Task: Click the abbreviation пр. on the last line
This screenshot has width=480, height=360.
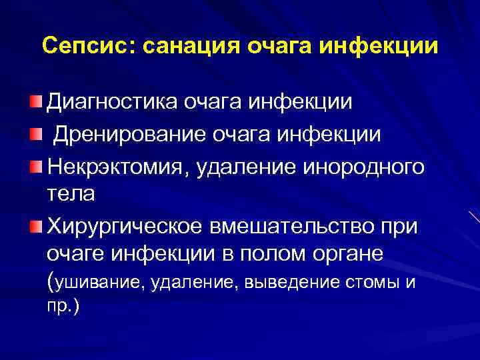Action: click(61, 308)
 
